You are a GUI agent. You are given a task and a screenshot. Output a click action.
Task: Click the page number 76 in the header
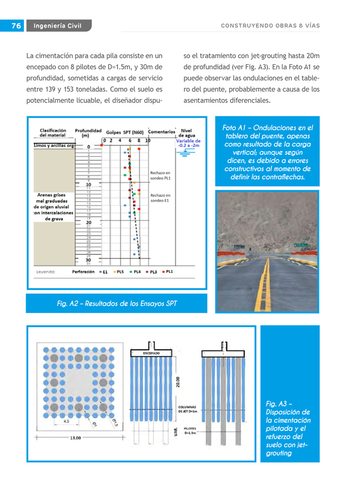(16, 26)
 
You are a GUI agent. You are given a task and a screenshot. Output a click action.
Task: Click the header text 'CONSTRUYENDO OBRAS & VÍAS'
(270, 26)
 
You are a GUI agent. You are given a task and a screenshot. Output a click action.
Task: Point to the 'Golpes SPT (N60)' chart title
(125, 132)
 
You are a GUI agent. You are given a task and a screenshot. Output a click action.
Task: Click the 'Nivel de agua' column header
(187, 133)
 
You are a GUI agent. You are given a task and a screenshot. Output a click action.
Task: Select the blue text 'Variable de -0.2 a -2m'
(188, 143)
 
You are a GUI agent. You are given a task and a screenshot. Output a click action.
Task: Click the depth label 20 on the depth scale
(88, 222)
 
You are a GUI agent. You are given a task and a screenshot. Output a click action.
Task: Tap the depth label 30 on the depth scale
(88, 259)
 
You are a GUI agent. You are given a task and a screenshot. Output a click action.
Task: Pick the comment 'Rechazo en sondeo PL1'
(161, 176)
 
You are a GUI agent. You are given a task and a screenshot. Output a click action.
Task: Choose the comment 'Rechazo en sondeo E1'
(160, 198)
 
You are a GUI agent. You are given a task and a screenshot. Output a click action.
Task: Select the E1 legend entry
(103, 272)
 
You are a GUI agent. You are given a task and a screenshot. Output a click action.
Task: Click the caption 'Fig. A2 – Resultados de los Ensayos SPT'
(117, 303)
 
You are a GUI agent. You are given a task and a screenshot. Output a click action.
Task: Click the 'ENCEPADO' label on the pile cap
(151, 352)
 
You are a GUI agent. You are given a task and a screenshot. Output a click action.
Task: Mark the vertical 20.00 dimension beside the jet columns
(177, 383)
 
